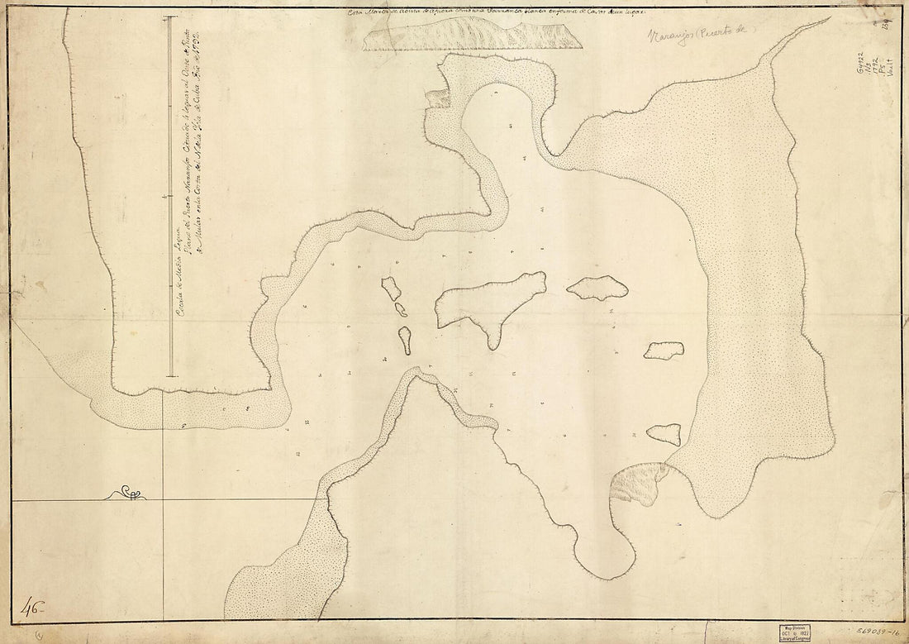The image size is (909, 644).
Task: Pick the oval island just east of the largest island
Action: click(x=597, y=287)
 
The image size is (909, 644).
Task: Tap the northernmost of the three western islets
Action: click(x=391, y=288)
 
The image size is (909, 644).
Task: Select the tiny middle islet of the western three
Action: click(x=401, y=310)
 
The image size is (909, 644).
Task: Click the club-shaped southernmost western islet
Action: click(x=405, y=339)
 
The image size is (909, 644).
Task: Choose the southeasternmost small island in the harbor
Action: click(x=664, y=433)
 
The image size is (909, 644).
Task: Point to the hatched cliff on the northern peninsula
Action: click(x=438, y=98)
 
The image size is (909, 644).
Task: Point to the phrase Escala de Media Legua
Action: click(x=178, y=277)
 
